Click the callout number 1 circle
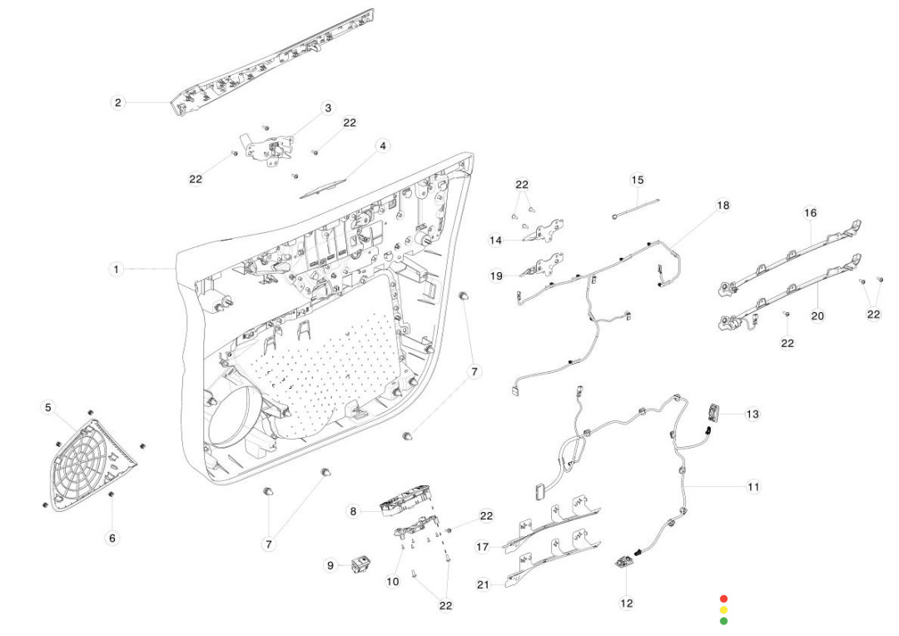117,270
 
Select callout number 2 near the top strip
118,102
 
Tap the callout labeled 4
383,146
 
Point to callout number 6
112,539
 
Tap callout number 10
393,582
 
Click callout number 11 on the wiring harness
752,486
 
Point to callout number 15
637,180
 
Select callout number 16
810,213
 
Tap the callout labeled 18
723,205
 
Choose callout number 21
484,584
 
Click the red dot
723,599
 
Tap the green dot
723,620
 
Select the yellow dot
723,609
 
